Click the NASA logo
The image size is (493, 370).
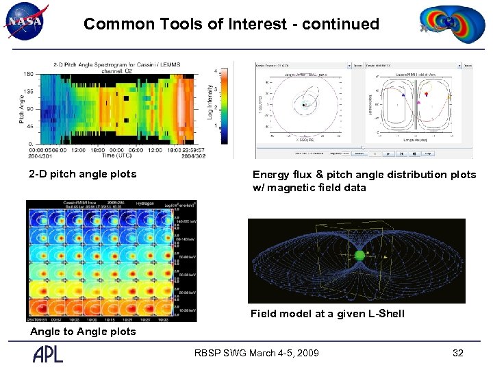25,23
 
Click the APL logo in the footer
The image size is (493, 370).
48,354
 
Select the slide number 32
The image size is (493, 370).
458,354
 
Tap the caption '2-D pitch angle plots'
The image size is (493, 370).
82,174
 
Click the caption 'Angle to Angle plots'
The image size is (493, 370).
83,332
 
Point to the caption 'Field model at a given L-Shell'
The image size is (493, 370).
327,314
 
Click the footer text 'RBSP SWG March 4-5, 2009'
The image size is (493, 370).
256,354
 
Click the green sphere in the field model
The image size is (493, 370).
359,256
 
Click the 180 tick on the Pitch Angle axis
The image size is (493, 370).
29,74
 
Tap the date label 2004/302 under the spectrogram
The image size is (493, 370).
194,157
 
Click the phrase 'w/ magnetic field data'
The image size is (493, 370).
309,188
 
